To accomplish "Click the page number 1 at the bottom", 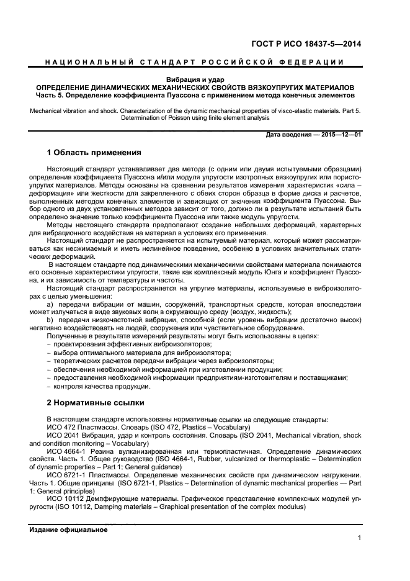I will click(x=359, y=538).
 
